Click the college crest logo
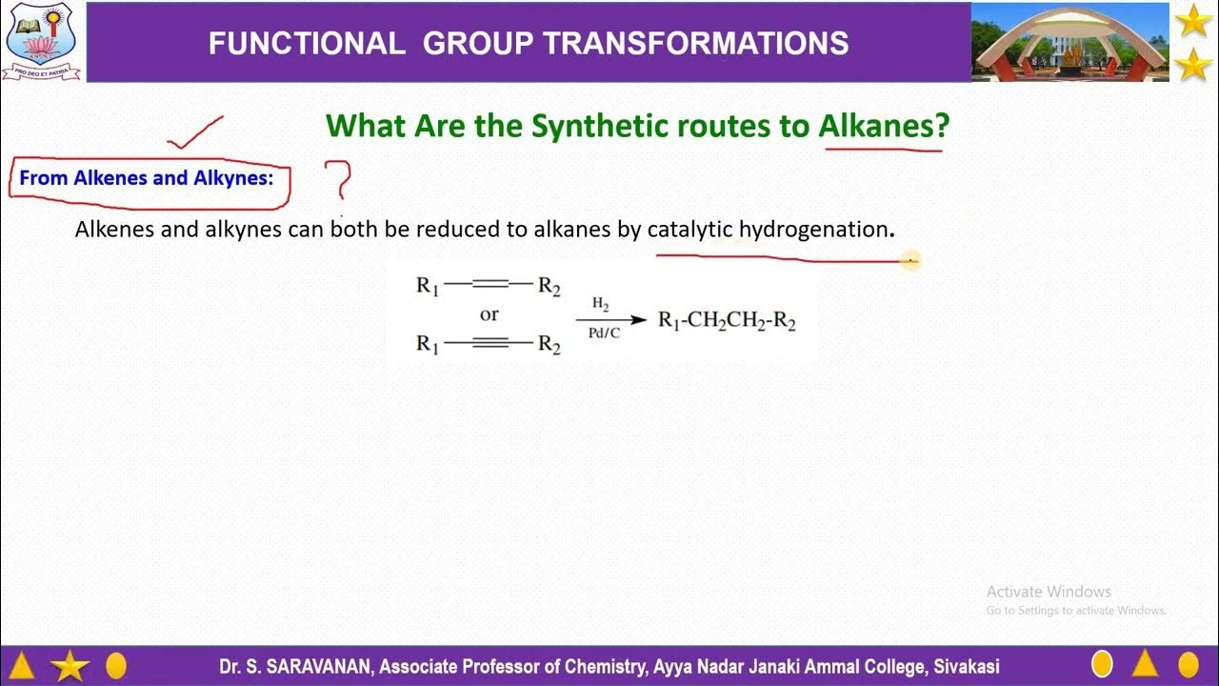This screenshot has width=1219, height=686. (40, 41)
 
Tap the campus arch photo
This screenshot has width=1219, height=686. (1070, 41)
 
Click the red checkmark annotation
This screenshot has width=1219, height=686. (194, 132)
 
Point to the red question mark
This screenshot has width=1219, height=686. (338, 178)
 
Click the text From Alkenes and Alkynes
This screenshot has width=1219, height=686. (147, 178)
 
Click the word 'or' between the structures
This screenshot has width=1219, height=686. (489, 314)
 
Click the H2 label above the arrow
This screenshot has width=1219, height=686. (601, 304)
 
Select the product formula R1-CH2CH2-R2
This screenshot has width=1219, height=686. (727, 321)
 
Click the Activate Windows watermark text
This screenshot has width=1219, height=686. (1049, 592)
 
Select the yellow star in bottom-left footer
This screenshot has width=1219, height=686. (70, 666)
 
